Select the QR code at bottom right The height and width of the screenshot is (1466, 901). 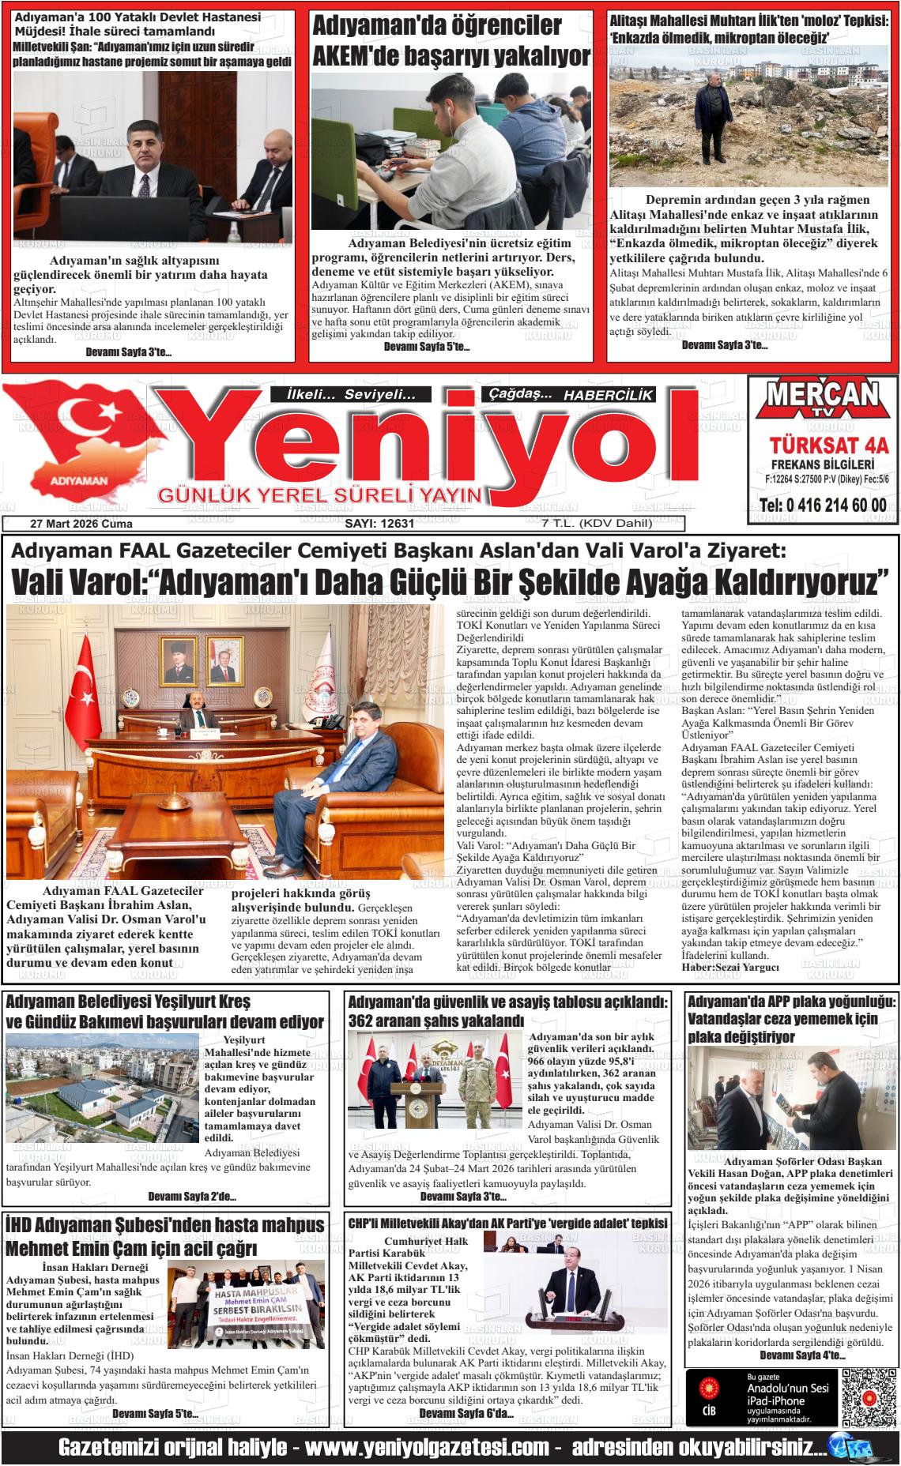(869, 1397)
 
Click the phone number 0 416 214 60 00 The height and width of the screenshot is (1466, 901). (822, 506)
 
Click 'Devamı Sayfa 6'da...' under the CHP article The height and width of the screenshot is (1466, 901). (466, 1412)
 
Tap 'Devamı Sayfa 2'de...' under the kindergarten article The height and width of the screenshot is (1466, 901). (191, 1196)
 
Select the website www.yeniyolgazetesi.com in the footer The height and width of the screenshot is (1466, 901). (427, 1448)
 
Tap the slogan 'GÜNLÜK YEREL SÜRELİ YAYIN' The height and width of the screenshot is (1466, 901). (320, 495)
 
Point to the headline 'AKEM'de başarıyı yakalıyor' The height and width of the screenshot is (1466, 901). (451, 56)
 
